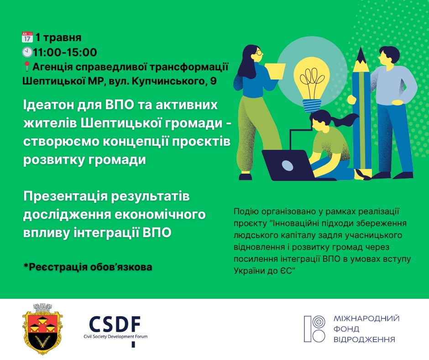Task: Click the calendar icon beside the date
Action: (x=27, y=37)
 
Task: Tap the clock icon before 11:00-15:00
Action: (x=27, y=52)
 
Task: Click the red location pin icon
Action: (x=27, y=67)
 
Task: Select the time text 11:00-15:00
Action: (x=65, y=52)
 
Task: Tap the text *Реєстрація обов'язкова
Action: (x=88, y=267)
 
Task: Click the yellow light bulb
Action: (x=311, y=84)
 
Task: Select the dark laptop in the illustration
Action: (x=290, y=165)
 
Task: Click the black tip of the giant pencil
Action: (x=361, y=55)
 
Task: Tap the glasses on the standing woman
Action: (x=259, y=52)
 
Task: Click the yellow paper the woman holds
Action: (x=275, y=71)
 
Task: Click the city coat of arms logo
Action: (x=42, y=329)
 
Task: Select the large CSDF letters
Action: (x=115, y=324)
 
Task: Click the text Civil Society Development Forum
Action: (x=115, y=336)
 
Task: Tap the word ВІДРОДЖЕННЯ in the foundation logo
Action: (x=364, y=339)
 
